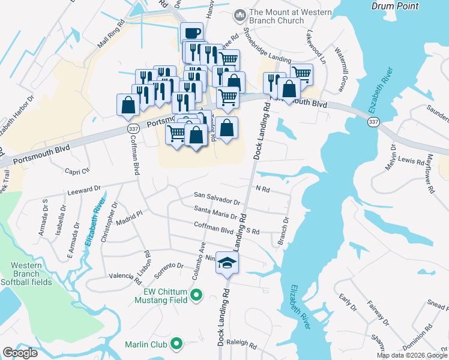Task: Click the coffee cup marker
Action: pos(191,34)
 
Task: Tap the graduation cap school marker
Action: pos(228,262)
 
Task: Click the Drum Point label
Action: pos(394,5)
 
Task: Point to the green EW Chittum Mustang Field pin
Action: pos(196,294)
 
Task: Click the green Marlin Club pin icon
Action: pos(176,344)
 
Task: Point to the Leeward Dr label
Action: pos(84,190)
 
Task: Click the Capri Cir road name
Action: pos(77,169)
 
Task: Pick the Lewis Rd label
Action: pos(412,161)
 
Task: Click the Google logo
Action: pos(20,353)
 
